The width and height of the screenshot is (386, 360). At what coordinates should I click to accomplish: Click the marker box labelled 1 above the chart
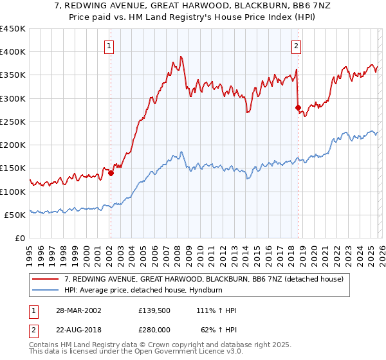tap(110, 46)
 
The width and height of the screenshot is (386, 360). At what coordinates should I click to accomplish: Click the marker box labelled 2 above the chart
tap(296, 46)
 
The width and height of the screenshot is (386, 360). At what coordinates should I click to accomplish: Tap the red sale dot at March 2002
tap(111, 172)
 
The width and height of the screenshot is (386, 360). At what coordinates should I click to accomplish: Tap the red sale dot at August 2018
tap(298, 107)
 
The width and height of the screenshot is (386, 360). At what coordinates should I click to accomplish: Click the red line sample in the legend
tap(47, 279)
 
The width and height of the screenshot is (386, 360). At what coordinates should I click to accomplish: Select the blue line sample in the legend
tap(47, 290)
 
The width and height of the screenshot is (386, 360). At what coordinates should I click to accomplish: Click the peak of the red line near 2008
tap(182, 57)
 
